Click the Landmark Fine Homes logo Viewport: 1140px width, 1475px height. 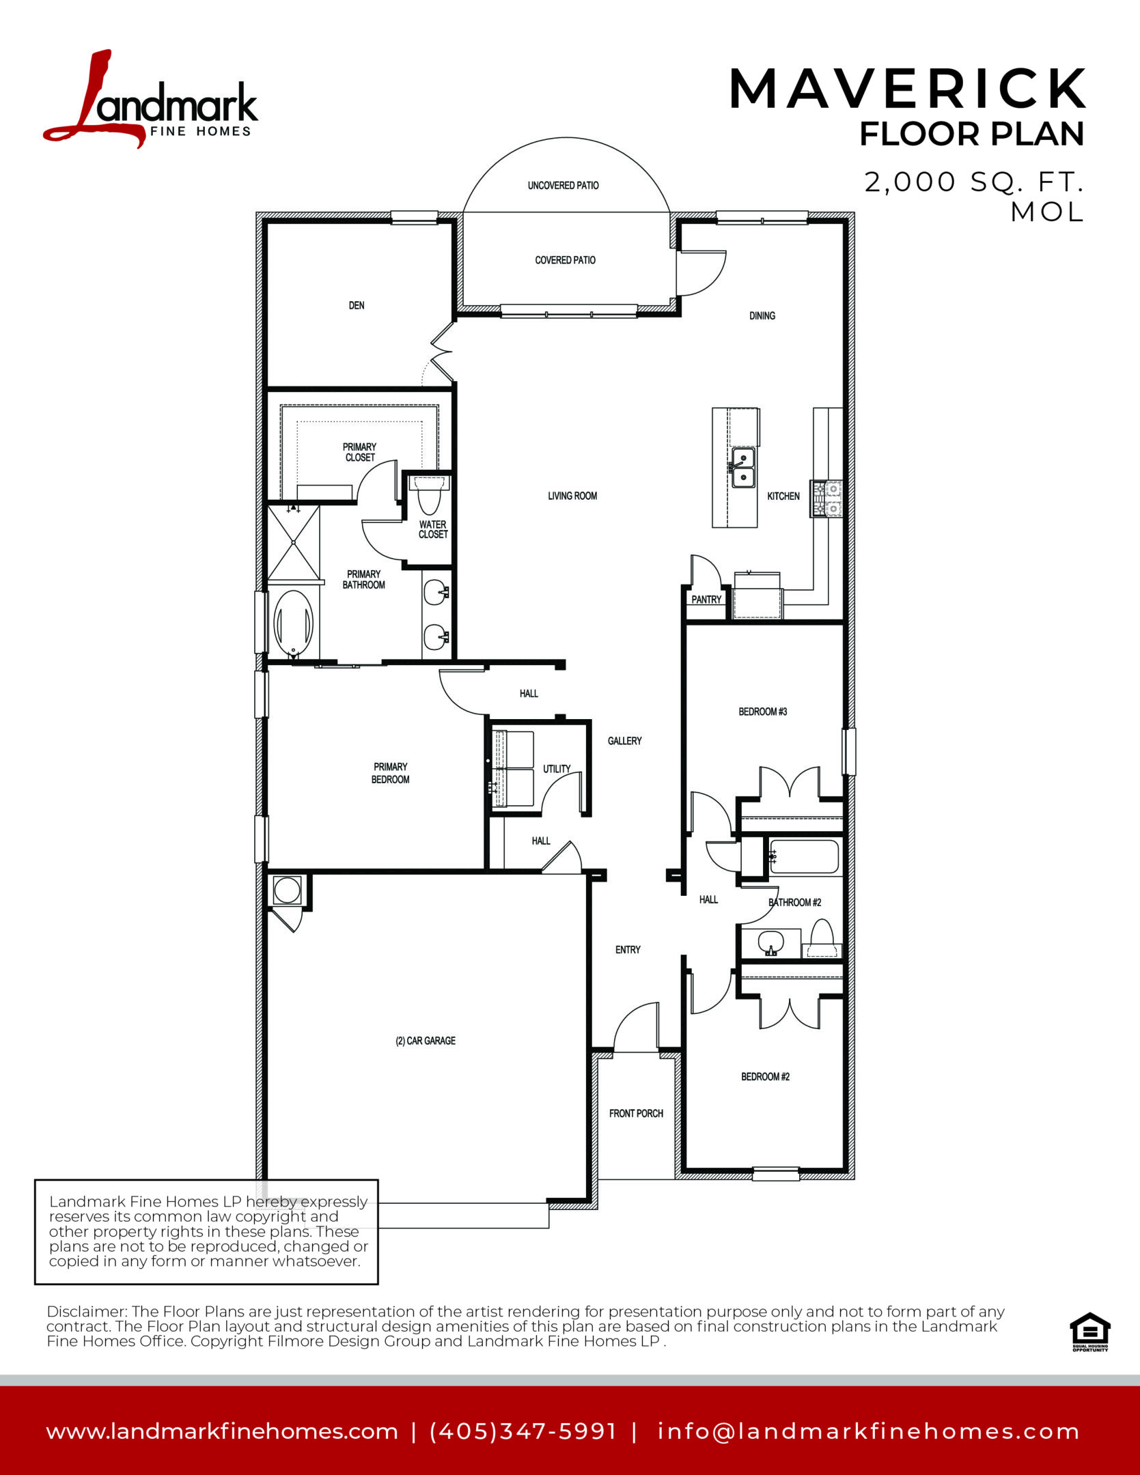coord(150,98)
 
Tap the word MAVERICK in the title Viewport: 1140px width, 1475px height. coord(907,89)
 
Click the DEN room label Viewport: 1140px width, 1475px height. coord(357,305)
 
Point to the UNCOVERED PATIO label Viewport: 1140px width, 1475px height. coord(563,185)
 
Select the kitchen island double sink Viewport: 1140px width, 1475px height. coord(743,468)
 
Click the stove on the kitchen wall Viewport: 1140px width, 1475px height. coord(826,498)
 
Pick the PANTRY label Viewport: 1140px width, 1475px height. coord(706,600)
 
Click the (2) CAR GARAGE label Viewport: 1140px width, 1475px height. coord(426,1041)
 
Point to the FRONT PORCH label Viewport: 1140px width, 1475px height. coord(636,1113)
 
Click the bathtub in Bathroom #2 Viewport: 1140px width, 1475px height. coord(804,857)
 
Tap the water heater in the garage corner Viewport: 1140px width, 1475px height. coord(286,890)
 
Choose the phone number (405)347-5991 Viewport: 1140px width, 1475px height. coord(523,1432)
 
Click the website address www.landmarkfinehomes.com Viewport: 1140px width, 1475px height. coord(222,1432)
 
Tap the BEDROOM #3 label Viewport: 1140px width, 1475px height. coord(763,712)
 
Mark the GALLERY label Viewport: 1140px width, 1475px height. coord(625,741)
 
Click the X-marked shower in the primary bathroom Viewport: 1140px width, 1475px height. coord(294,542)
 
